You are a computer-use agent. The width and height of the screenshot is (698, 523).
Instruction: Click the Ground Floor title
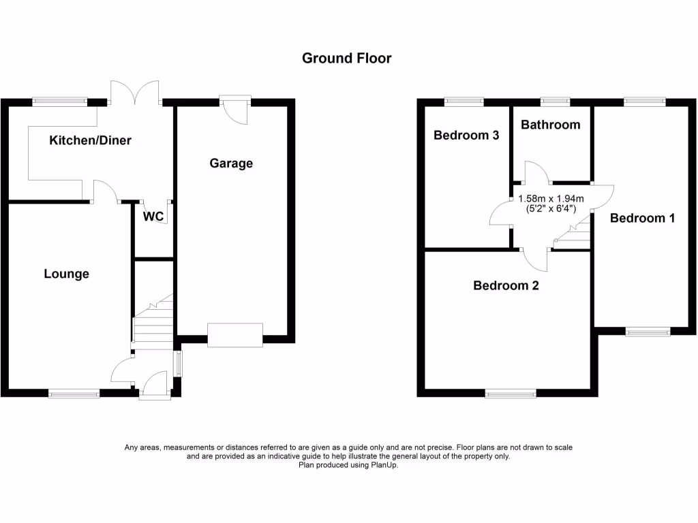point(347,59)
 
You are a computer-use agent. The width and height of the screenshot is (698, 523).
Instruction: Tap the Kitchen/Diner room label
point(90,141)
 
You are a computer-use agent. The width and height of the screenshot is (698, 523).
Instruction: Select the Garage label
point(231,163)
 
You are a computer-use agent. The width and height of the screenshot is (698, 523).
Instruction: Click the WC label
point(153,217)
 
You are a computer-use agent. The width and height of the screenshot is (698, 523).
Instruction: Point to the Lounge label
point(67,274)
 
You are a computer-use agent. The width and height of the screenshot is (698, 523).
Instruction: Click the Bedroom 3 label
point(466,136)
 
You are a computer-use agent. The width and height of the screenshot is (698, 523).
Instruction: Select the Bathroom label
point(551,125)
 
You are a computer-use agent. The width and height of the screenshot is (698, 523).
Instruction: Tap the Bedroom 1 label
point(642,219)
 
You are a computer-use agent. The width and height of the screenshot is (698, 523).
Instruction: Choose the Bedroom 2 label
point(506,286)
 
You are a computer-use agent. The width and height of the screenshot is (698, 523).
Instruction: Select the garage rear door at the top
point(235,108)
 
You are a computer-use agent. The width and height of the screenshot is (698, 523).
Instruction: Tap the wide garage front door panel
point(235,335)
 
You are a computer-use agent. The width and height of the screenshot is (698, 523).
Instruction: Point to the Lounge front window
point(74,393)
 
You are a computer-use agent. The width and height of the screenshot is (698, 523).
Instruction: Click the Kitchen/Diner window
point(60,102)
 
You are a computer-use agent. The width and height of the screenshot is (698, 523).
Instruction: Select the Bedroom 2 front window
point(510,393)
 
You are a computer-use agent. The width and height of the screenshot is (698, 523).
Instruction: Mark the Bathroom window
point(555,102)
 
